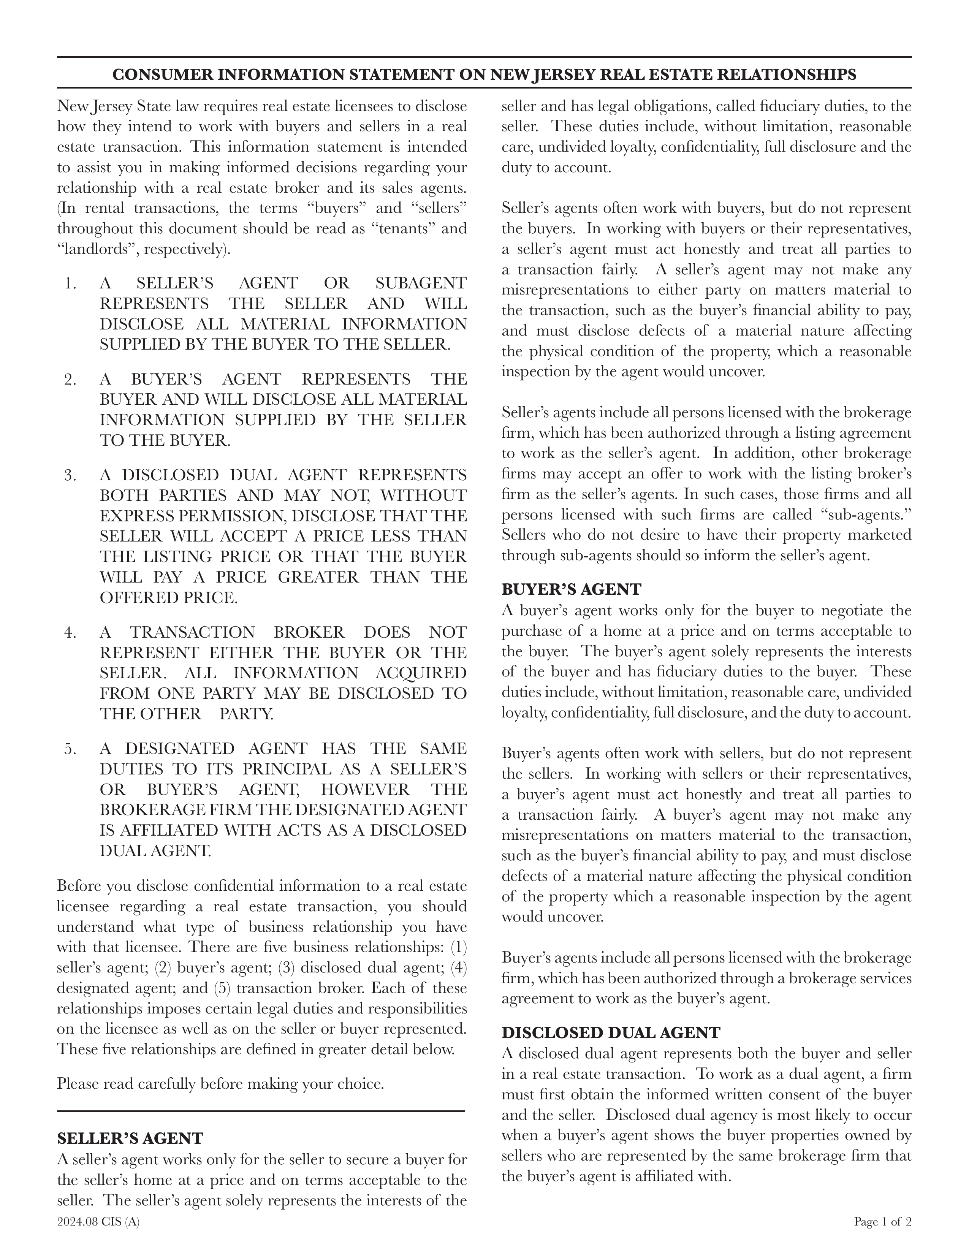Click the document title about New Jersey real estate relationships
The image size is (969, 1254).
484,74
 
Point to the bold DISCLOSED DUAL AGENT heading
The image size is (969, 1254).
611,1032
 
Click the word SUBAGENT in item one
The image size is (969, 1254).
421,283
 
